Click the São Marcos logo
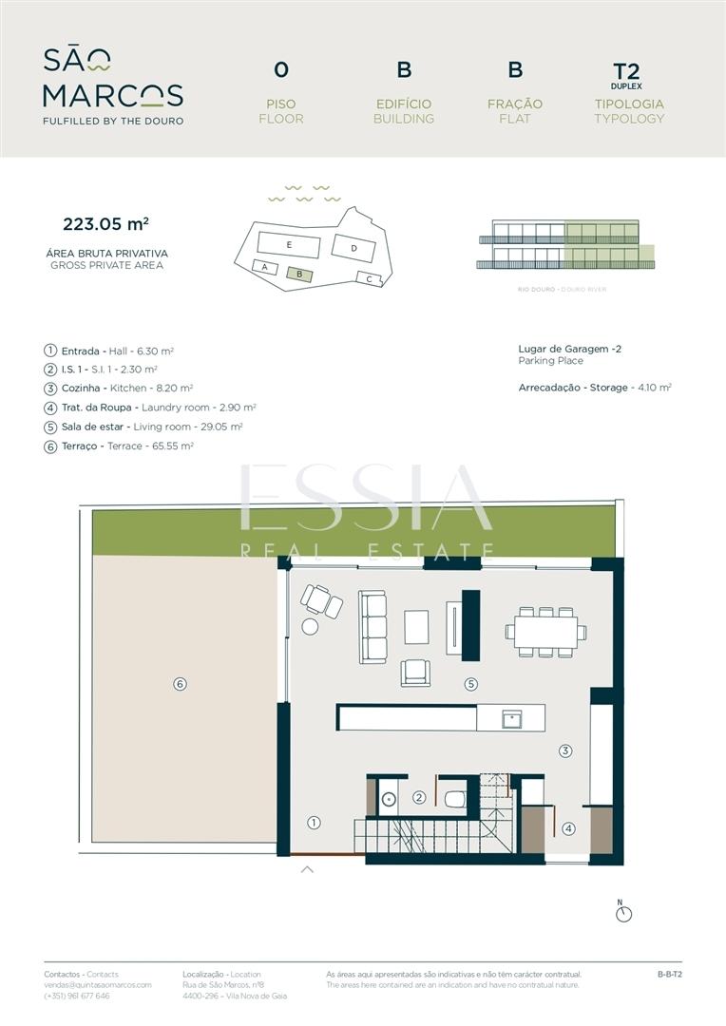pyautogui.click(x=113, y=85)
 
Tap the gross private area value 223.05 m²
pyautogui.click(x=106, y=224)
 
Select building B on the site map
pyautogui.click(x=300, y=275)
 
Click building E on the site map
pyautogui.click(x=289, y=245)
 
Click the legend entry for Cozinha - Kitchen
pyautogui.click(x=119, y=388)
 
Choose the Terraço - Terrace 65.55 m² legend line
pyautogui.click(x=119, y=446)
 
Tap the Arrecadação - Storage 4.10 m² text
pyautogui.click(x=595, y=388)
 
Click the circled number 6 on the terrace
pyautogui.click(x=180, y=684)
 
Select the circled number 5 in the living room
pyautogui.click(x=470, y=684)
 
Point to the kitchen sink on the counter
pyautogui.click(x=511, y=720)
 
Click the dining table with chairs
pyautogui.click(x=546, y=632)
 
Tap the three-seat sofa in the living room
pyautogui.click(x=372, y=627)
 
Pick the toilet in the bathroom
pyautogui.click(x=455, y=799)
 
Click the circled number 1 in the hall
pyautogui.click(x=315, y=823)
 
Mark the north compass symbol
pyautogui.click(x=624, y=912)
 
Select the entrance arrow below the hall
pyautogui.click(x=307, y=869)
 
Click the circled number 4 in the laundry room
pyautogui.click(x=569, y=828)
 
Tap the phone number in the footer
pyautogui.click(x=77, y=996)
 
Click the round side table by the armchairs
pyautogui.click(x=310, y=626)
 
